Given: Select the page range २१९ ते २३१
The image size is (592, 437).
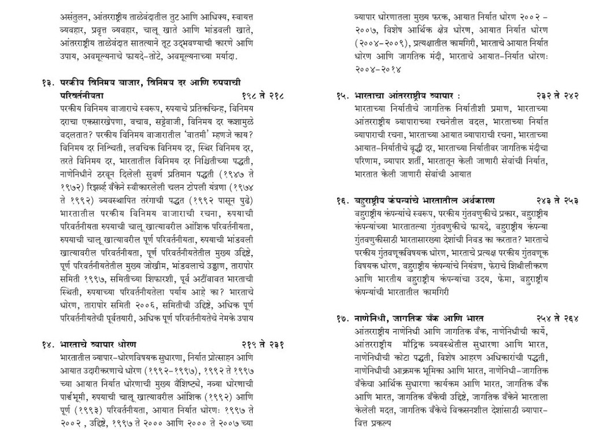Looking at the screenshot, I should tap(262, 345).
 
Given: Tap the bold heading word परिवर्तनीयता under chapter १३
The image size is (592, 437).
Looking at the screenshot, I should tap(82, 95).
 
